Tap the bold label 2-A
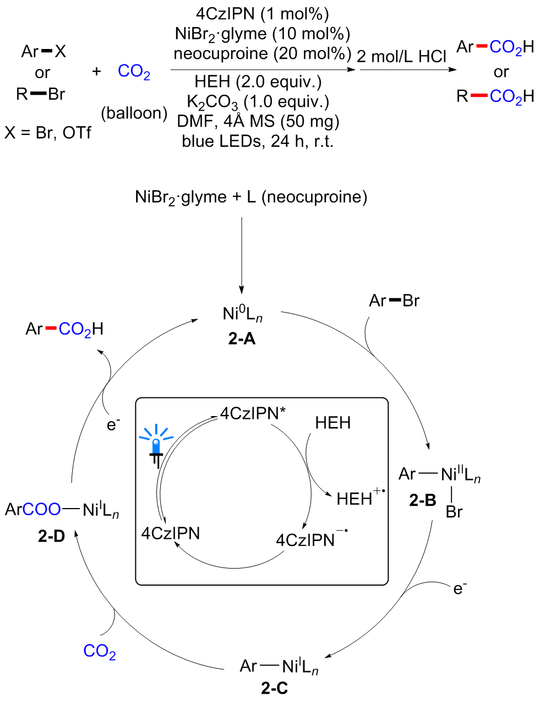click(x=242, y=339)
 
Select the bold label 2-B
click(x=422, y=500)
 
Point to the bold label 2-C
click(x=274, y=688)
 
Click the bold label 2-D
click(x=51, y=536)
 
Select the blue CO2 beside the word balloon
click(x=134, y=72)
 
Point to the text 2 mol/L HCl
click(x=401, y=56)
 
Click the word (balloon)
click(x=134, y=113)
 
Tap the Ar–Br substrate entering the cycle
click(x=394, y=301)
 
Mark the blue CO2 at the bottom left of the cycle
click(x=100, y=651)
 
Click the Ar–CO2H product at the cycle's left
click(x=64, y=329)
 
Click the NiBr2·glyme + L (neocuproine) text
click(x=251, y=197)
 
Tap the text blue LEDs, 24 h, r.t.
click(x=258, y=141)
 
